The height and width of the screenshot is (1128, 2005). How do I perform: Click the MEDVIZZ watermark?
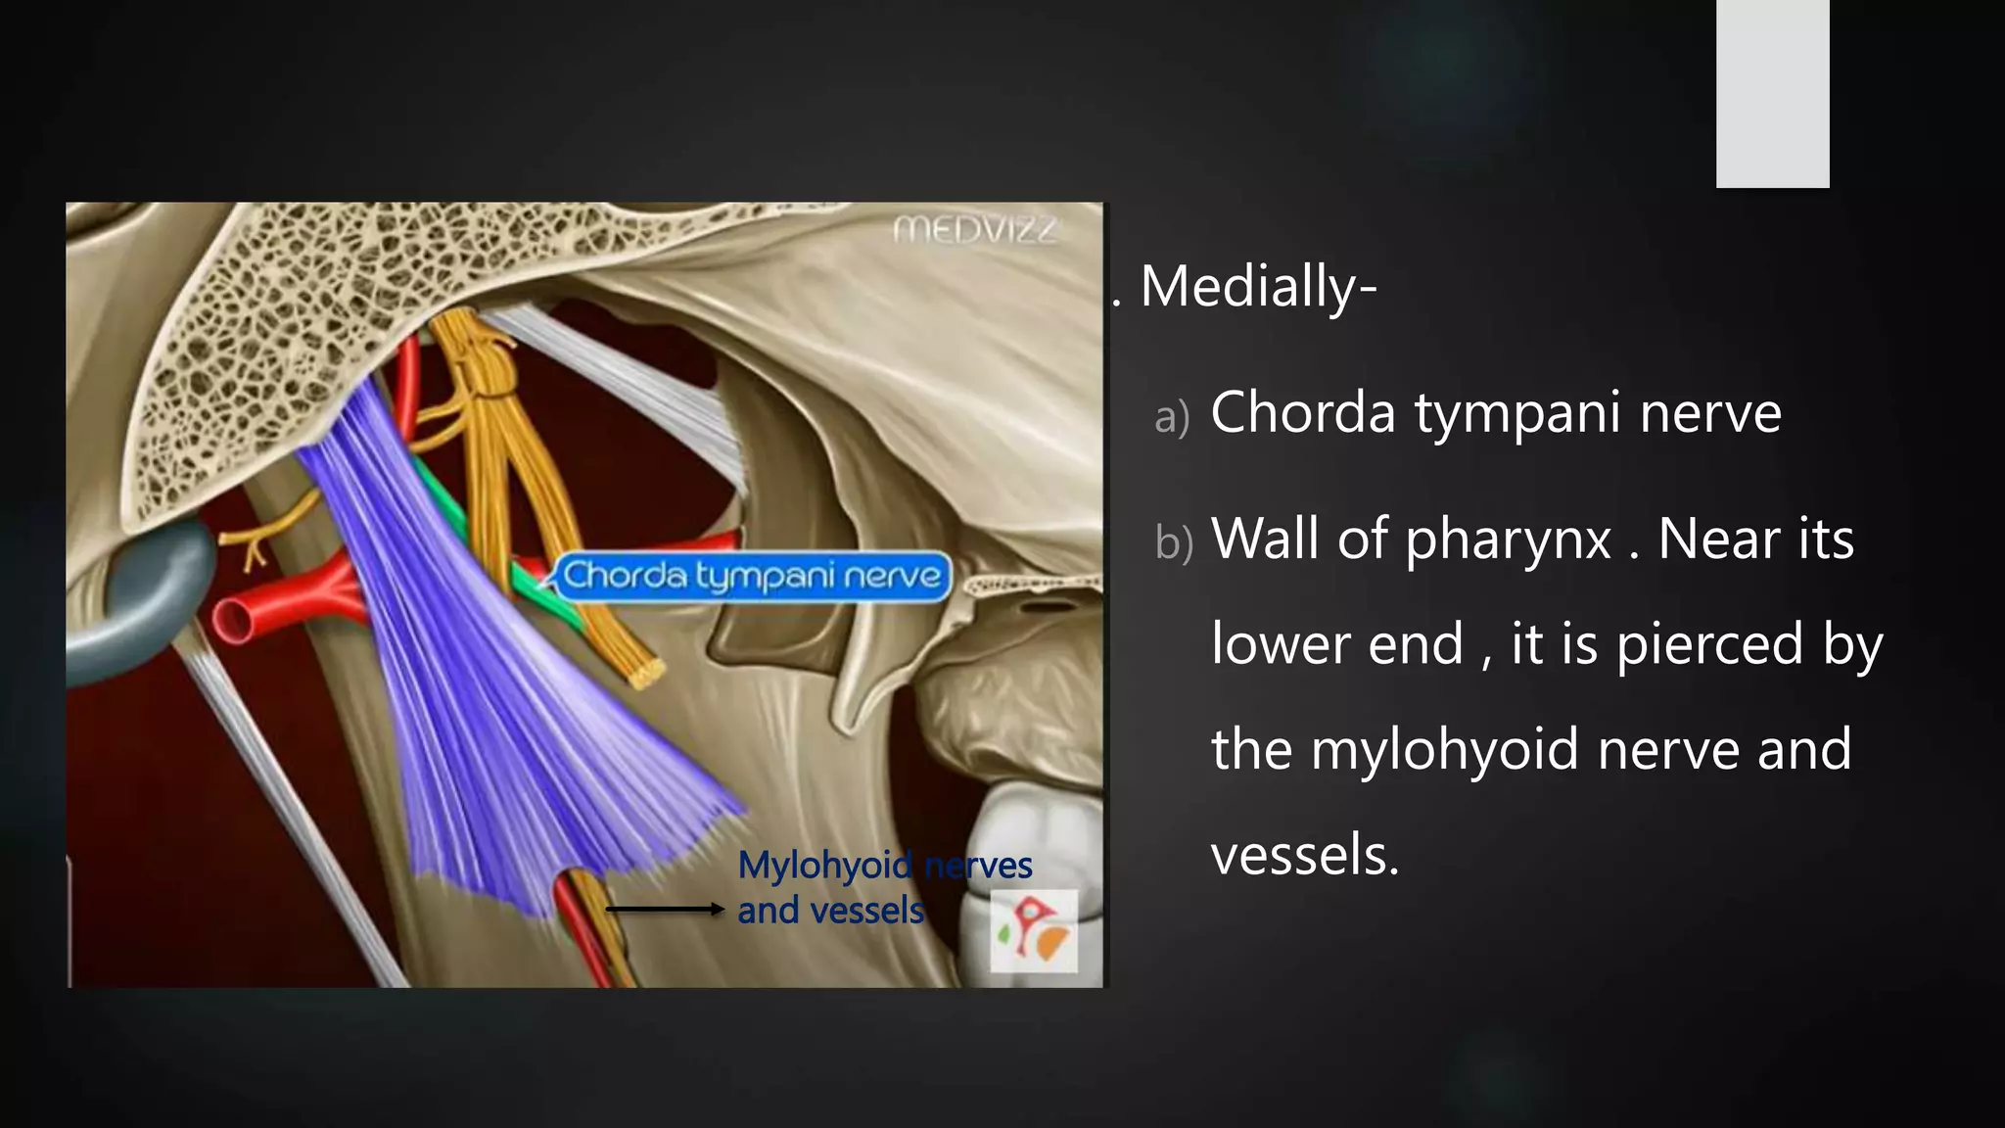(975, 231)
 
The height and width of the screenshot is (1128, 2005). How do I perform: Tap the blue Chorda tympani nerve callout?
(751, 576)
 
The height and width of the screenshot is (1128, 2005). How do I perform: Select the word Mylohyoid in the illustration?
(825, 866)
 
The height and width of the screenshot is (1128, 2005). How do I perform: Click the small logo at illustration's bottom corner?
(1033, 930)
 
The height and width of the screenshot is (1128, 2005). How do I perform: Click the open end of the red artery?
(235, 620)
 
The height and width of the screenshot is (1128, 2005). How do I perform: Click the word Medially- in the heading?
(1259, 287)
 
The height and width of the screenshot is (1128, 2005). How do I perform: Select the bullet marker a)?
(1172, 416)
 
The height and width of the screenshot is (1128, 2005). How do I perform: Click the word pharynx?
(1509, 540)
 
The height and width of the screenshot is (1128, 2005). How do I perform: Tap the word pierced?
(1709, 644)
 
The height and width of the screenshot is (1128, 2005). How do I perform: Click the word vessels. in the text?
(1305, 855)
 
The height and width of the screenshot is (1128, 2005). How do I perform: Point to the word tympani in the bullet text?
(1515, 412)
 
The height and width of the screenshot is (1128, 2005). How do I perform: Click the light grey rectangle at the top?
(1772, 93)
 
